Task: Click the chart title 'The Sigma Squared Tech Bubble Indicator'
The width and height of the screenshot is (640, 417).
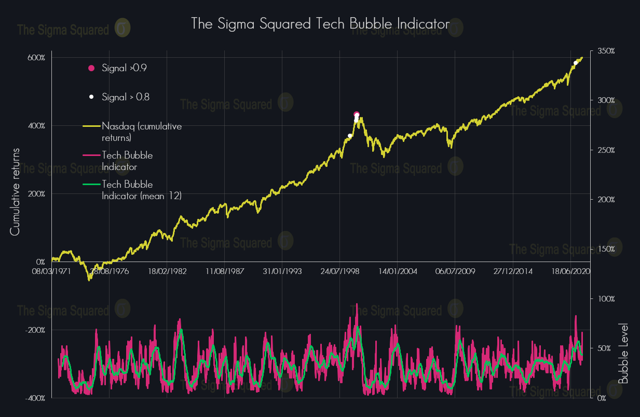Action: (x=320, y=24)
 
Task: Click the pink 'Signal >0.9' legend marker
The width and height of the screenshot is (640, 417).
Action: (x=92, y=68)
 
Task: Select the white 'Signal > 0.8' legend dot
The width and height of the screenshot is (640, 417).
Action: (x=91, y=97)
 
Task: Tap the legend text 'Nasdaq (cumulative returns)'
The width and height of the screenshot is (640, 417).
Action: (x=142, y=132)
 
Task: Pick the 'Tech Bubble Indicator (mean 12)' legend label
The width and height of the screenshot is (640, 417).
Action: (x=142, y=190)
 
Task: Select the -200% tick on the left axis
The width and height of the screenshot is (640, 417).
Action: (x=36, y=330)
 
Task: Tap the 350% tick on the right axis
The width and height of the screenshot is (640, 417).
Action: (x=606, y=51)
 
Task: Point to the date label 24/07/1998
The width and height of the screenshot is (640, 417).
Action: (x=339, y=271)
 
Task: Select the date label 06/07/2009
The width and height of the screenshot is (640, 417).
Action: (x=454, y=271)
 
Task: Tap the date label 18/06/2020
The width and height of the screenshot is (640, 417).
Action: (x=570, y=271)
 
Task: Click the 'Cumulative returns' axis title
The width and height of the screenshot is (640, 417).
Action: (x=15, y=191)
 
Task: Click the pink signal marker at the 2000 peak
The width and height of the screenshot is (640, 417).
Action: (x=357, y=114)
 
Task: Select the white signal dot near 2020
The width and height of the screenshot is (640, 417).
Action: (x=576, y=63)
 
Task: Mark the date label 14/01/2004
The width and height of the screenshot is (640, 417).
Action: (x=398, y=271)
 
